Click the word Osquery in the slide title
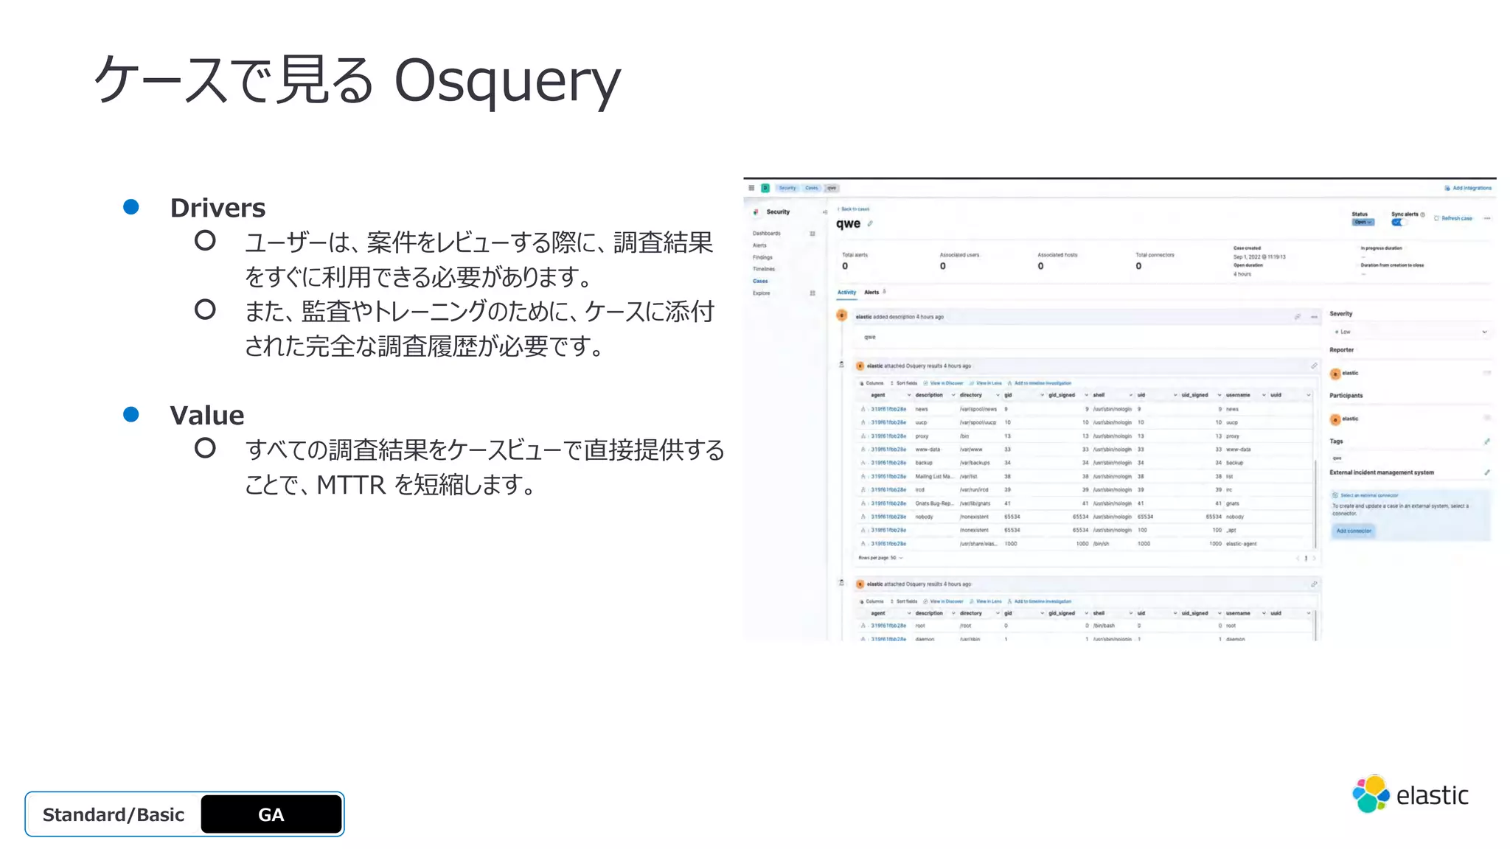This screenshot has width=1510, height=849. (507, 80)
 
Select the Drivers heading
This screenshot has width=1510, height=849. (218, 208)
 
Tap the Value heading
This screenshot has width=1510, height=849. (206, 415)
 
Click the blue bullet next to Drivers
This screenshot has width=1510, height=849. (131, 207)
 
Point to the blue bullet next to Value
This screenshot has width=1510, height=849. (131, 414)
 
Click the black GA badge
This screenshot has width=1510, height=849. (271, 814)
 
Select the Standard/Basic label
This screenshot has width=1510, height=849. (114, 814)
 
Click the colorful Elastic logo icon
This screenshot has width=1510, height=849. (1370, 794)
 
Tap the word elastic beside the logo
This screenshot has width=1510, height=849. (1432, 796)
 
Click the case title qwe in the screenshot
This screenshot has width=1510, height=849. (848, 223)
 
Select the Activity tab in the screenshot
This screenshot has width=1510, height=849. (846, 293)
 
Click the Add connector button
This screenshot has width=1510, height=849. (1354, 531)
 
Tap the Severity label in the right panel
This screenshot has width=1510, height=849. (1340, 314)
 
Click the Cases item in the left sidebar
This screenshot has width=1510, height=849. (760, 281)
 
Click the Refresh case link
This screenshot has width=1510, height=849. (1456, 218)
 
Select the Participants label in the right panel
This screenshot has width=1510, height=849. (1346, 396)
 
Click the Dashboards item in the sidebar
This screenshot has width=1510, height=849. (766, 234)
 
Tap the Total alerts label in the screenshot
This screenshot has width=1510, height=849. (855, 255)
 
